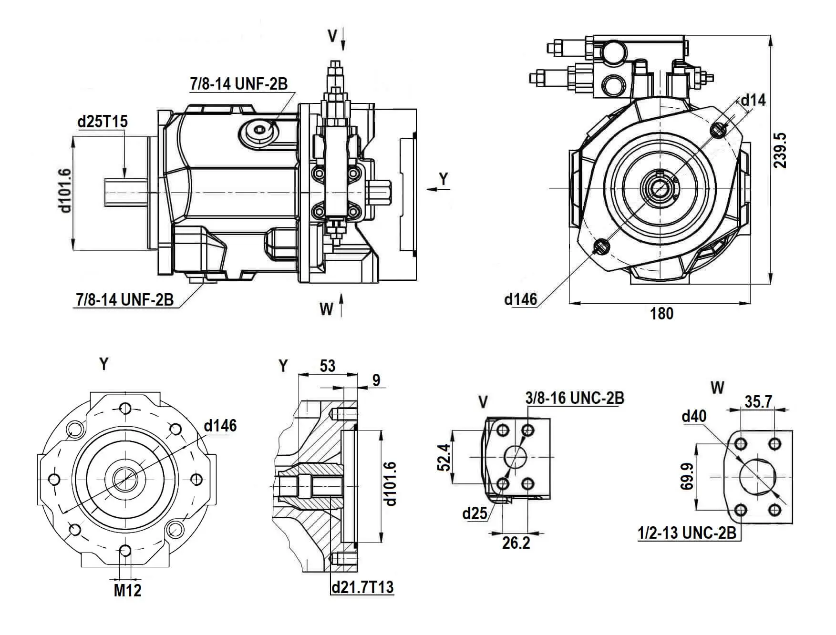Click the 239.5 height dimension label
[x=780, y=151]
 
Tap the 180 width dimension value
[x=661, y=314]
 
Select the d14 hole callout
[x=753, y=100]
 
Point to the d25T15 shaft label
[x=103, y=122]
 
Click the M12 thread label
[x=127, y=590]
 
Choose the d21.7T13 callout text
[x=362, y=587]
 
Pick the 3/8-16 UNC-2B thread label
[x=575, y=398]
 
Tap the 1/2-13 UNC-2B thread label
[x=687, y=533]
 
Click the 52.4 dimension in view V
[x=444, y=457]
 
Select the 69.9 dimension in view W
[x=687, y=477]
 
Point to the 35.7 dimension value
[x=758, y=402]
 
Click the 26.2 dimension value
[x=516, y=543]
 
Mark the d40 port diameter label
[x=694, y=416]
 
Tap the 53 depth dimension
[x=328, y=366]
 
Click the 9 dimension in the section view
[x=376, y=380]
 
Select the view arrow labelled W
[x=341, y=305]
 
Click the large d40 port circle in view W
[x=758, y=477]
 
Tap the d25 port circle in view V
[x=515, y=457]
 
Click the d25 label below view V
[x=475, y=513]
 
